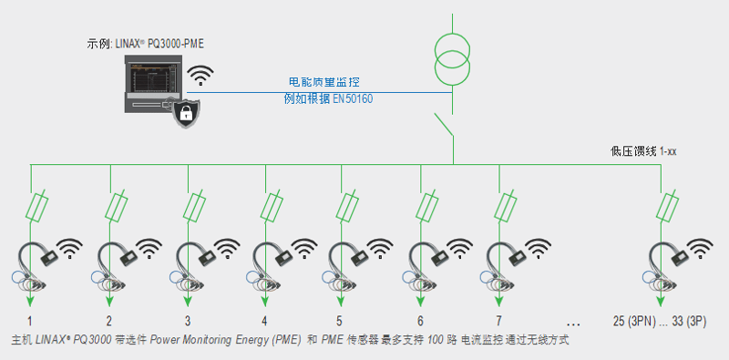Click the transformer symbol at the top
(451, 57)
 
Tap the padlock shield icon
(186, 114)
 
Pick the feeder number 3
(188, 321)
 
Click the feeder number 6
(420, 321)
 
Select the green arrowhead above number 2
(109, 301)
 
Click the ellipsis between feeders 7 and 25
(574, 323)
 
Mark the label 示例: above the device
(98, 44)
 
